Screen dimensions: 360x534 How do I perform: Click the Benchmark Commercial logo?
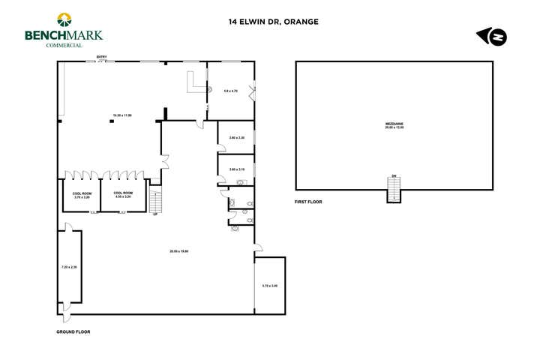(x=63, y=30)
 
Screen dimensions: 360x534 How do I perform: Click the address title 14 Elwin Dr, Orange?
(x=274, y=22)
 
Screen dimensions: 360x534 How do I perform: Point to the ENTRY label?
(x=101, y=57)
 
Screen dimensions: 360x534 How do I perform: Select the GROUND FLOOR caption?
(x=73, y=331)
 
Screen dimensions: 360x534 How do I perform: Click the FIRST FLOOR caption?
(x=308, y=202)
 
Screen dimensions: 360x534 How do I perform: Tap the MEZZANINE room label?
(x=394, y=125)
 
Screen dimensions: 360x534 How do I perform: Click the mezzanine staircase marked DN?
(x=394, y=190)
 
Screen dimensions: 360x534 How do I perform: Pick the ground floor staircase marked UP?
(x=155, y=201)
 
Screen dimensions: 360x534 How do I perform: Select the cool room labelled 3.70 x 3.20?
(x=82, y=194)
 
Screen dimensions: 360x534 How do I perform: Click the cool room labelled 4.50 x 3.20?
(x=123, y=194)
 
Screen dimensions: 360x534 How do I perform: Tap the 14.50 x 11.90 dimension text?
(x=122, y=115)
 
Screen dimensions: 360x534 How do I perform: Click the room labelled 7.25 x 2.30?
(x=69, y=267)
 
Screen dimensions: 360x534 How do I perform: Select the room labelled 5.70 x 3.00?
(x=270, y=286)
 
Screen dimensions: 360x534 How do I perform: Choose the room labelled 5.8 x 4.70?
(x=231, y=91)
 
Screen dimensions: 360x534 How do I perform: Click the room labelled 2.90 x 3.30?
(x=237, y=137)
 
